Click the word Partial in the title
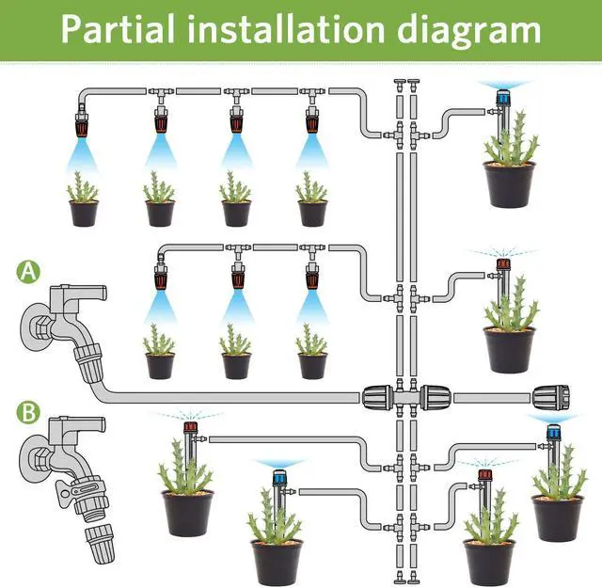tap(119, 28)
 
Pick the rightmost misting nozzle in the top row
tap(312, 122)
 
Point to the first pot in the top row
tap(83, 213)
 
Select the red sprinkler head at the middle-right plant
tap(502, 267)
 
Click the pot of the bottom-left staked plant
tap(186, 512)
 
